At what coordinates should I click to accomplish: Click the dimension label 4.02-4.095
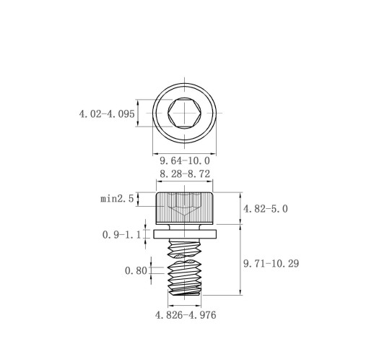107,113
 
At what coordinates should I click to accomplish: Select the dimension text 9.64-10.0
185,160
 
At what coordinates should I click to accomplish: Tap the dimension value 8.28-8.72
185,173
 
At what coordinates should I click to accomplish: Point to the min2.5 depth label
117,199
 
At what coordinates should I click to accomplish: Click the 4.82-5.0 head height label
266,209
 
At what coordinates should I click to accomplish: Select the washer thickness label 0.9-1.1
121,234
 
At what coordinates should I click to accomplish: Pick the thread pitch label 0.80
136,270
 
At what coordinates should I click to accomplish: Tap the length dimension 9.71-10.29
271,263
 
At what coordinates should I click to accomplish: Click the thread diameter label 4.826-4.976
186,315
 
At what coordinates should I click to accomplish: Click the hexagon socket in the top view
185,113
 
